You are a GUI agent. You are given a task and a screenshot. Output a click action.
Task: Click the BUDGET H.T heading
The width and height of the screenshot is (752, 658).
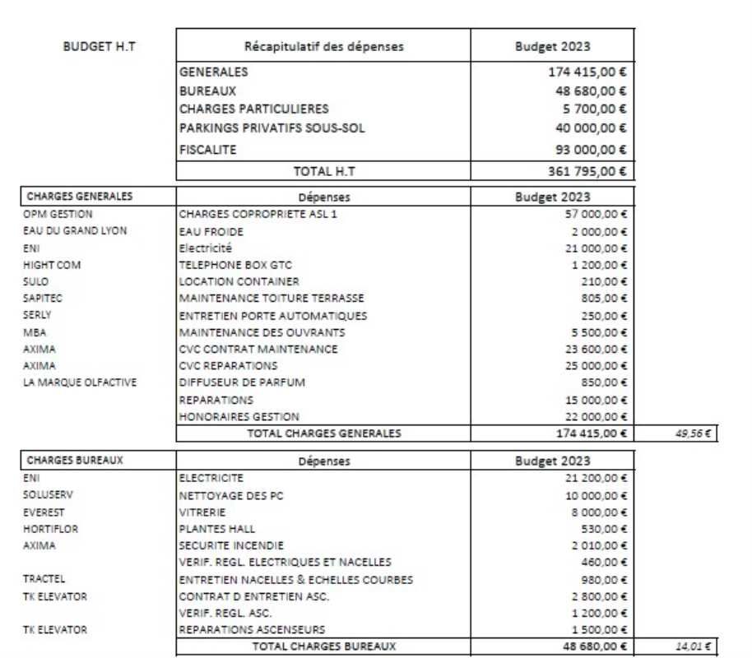(100, 46)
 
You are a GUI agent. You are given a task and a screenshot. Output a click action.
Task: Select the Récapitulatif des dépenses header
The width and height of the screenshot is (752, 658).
(324, 46)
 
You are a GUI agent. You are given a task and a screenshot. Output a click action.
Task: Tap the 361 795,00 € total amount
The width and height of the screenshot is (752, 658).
(587, 171)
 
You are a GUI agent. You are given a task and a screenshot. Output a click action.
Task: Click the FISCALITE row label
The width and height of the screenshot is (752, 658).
(207, 150)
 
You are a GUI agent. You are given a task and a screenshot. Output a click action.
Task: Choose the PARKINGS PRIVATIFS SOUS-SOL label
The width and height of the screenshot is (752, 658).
(272, 127)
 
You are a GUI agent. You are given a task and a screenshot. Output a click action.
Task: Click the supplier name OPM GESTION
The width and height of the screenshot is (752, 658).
(58, 214)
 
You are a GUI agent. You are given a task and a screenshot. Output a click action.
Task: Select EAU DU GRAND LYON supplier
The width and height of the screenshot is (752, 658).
(75, 230)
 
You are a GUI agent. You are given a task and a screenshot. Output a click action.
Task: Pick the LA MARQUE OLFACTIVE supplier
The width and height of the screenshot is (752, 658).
(80, 382)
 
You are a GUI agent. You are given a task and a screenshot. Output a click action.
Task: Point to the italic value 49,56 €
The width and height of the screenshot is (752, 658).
(692, 433)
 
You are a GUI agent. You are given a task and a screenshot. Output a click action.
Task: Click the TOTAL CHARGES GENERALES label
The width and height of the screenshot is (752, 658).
(324, 433)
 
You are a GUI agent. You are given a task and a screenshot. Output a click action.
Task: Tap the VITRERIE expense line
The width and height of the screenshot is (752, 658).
(202, 512)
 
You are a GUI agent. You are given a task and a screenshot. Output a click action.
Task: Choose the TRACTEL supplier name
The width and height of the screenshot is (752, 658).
(44, 578)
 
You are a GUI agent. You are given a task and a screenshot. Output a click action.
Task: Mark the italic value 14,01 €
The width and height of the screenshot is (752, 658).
(692, 646)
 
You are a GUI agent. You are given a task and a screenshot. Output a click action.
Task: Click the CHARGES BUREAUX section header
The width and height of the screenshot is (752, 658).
(75, 461)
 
